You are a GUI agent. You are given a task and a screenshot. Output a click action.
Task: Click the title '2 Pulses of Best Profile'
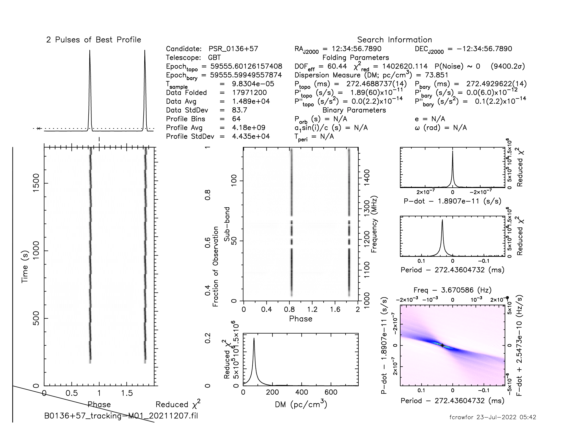tap(93, 40)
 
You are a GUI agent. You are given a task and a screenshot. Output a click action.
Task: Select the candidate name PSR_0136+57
tap(233, 49)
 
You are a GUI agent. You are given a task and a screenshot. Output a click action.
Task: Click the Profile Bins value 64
tap(236, 119)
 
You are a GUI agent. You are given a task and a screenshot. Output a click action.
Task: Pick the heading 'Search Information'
tap(394, 40)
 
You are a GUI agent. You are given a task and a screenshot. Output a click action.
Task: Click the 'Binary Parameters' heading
tap(354, 110)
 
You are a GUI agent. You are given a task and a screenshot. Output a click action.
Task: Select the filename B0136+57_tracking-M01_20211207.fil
tap(121, 416)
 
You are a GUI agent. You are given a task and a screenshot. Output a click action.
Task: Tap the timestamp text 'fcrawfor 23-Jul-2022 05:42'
tap(493, 417)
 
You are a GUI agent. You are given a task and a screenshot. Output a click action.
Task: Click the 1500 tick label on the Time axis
tap(36, 183)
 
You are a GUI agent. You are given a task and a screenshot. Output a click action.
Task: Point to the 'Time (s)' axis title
tap(25, 267)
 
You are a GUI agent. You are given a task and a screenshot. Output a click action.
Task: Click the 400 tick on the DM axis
tap(302, 392)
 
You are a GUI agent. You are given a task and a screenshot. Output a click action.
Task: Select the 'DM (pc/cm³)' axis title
tap(301, 404)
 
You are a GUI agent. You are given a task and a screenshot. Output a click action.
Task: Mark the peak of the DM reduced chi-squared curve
tap(254, 338)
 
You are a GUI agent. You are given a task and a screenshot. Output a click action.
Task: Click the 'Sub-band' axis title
tap(227, 224)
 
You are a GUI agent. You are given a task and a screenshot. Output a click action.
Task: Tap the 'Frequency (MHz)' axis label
tap(374, 224)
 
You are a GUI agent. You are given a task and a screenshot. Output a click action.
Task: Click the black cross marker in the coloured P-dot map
tap(442, 345)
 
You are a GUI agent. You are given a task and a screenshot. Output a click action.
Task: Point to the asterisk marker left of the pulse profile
tap(39, 128)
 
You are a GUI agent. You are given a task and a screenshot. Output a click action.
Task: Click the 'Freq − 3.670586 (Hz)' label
tap(452, 290)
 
